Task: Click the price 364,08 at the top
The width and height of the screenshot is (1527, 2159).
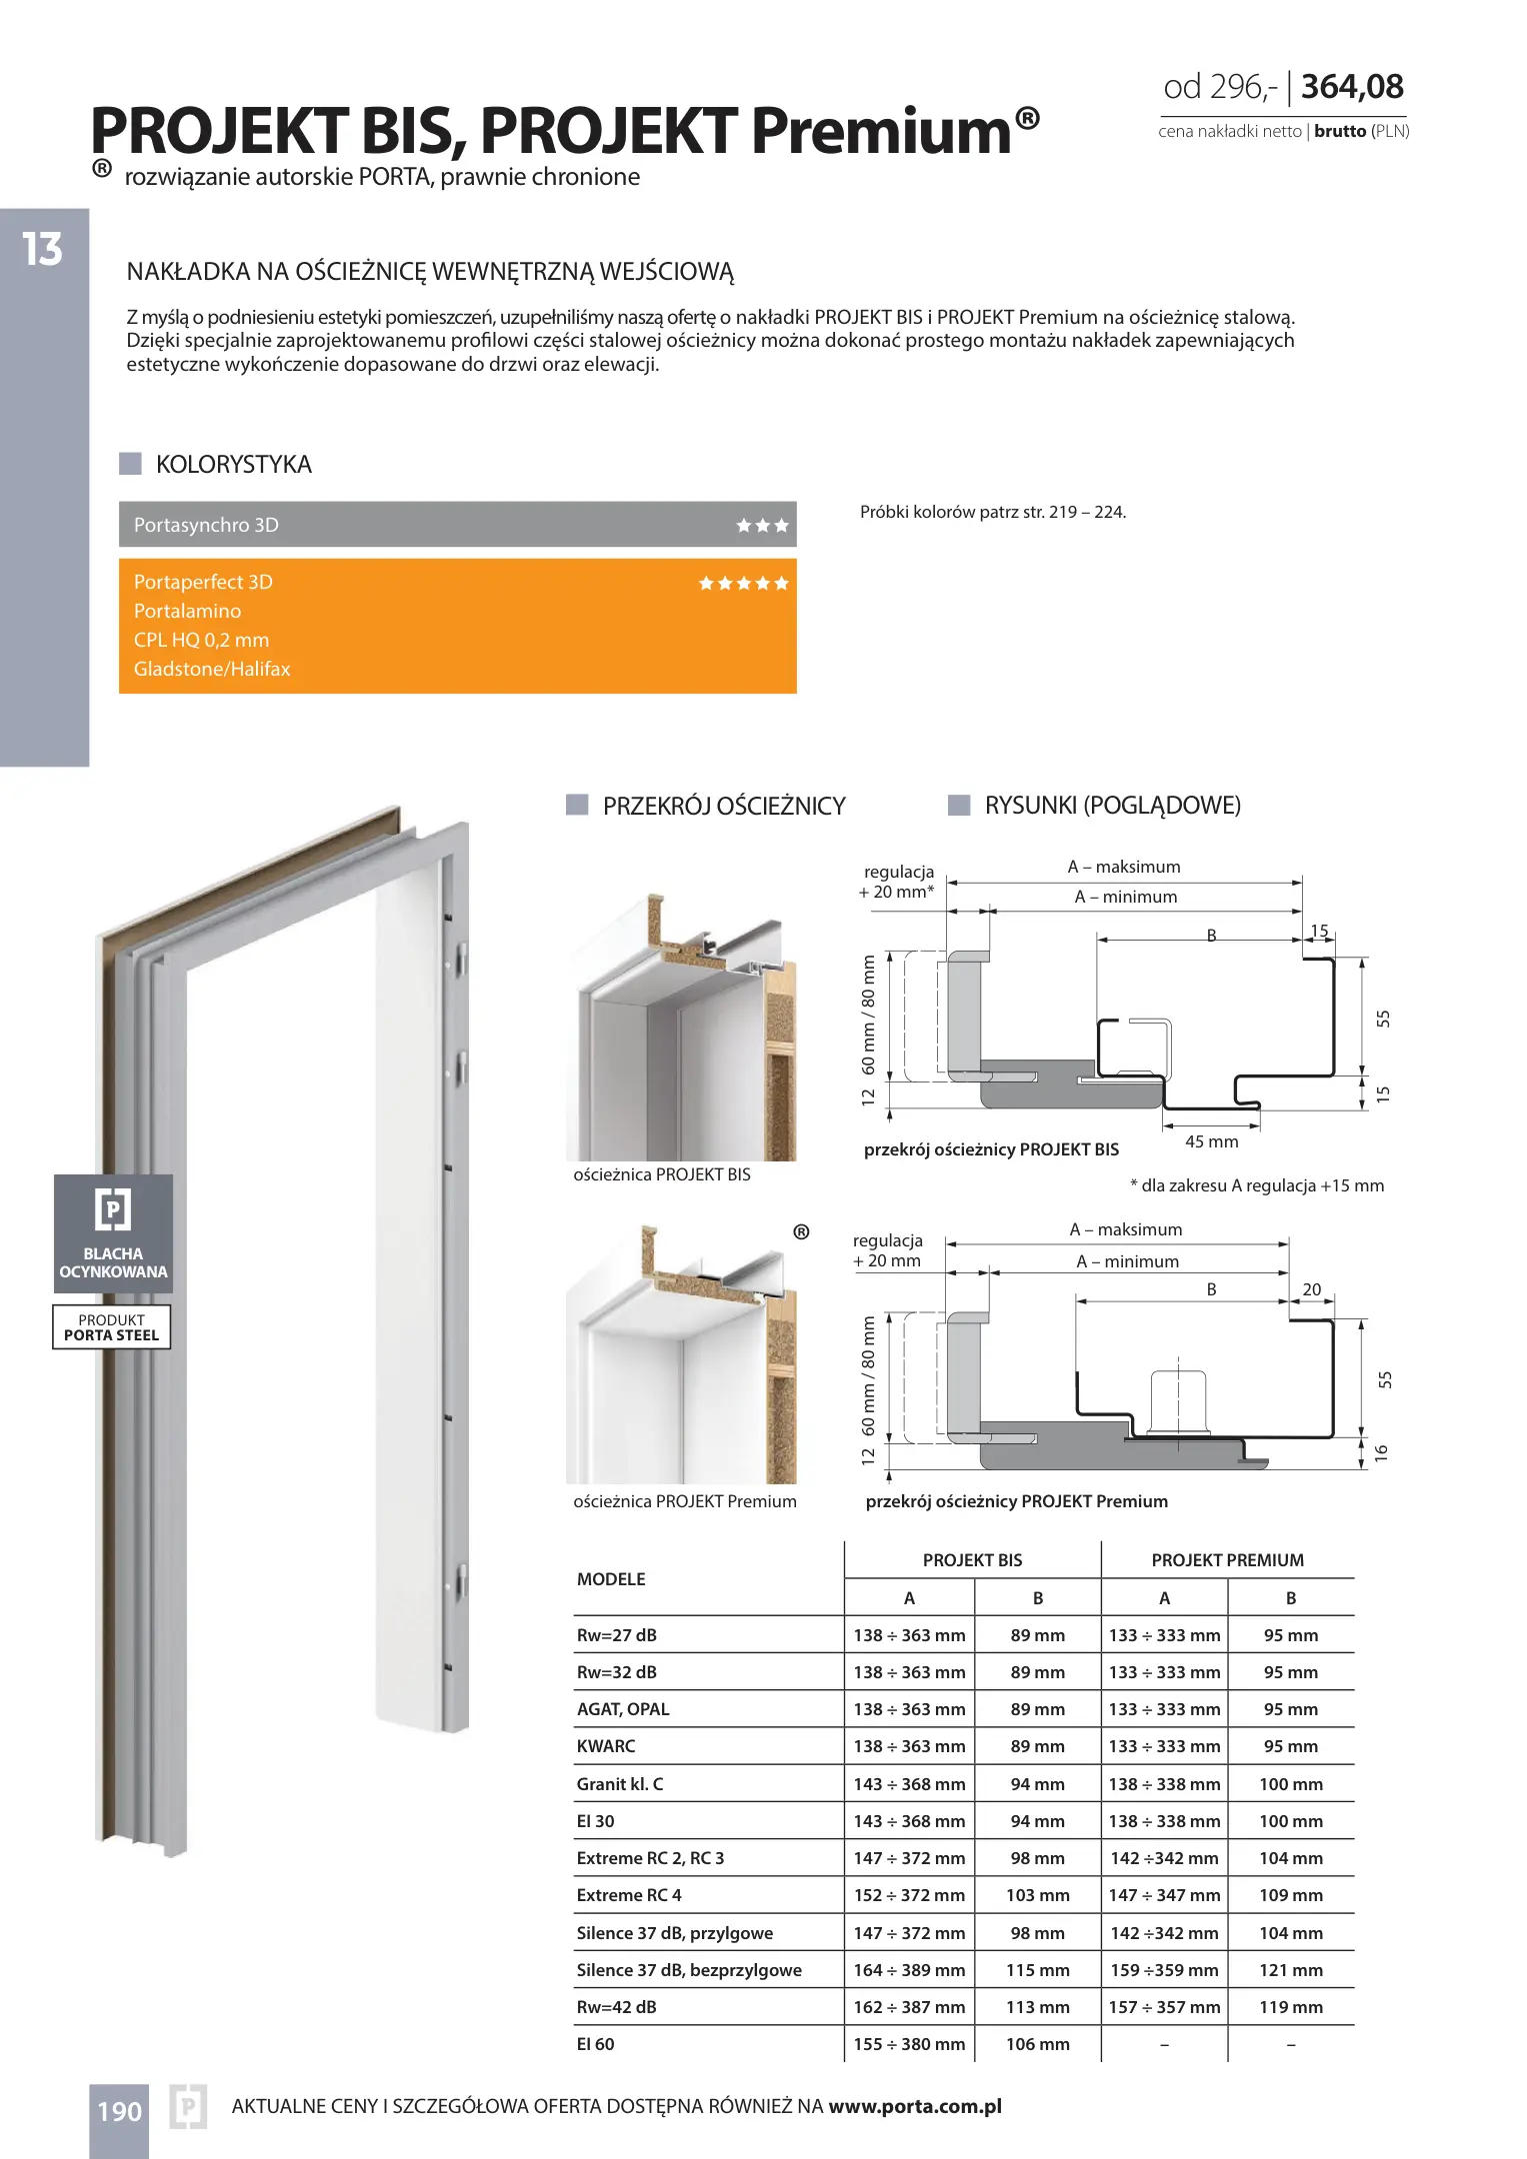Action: coord(1352,87)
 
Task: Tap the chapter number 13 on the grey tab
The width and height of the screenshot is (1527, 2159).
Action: coord(43,249)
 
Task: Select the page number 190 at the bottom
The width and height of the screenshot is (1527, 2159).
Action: coord(119,2111)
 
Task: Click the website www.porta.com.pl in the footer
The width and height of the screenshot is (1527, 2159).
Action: coord(915,2106)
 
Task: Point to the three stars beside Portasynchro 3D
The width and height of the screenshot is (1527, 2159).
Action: coord(762,526)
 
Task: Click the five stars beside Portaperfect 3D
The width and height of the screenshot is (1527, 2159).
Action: coord(743,584)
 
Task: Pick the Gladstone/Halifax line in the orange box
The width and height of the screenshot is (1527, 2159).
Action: coord(212,669)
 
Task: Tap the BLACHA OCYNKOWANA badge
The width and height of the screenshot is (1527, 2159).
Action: coord(113,1233)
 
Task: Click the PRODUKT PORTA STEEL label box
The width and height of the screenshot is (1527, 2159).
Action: coord(112,1327)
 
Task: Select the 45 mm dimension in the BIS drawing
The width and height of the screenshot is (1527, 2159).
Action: coord(1211,1141)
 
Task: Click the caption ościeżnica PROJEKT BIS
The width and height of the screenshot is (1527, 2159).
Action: coord(661,1174)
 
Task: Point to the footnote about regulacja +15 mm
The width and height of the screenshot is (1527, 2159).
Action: coord(1257,1185)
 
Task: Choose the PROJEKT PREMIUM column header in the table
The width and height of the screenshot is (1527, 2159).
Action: coord(1227,1560)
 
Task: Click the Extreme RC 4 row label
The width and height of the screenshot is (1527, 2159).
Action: coord(629,1895)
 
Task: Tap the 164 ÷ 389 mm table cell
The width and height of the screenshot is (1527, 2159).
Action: coord(909,1970)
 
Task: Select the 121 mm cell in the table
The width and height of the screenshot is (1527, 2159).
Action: coord(1291,1970)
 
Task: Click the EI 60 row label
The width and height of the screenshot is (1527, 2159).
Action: coord(596,2044)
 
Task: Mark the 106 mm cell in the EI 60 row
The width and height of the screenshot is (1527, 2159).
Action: coord(1037,2044)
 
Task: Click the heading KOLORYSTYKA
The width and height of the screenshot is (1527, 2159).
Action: coord(233,465)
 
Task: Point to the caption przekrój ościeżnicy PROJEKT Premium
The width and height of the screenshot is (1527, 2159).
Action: coord(1016,1501)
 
